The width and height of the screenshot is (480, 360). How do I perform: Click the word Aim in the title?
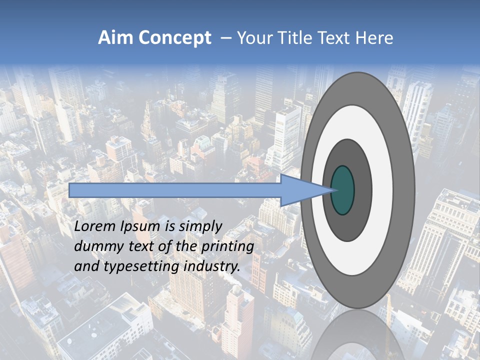click(116, 38)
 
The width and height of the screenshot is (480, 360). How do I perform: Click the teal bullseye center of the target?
click(342, 190)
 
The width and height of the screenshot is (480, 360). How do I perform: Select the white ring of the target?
click(382, 190)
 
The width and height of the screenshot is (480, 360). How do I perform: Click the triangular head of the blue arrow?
click(305, 190)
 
